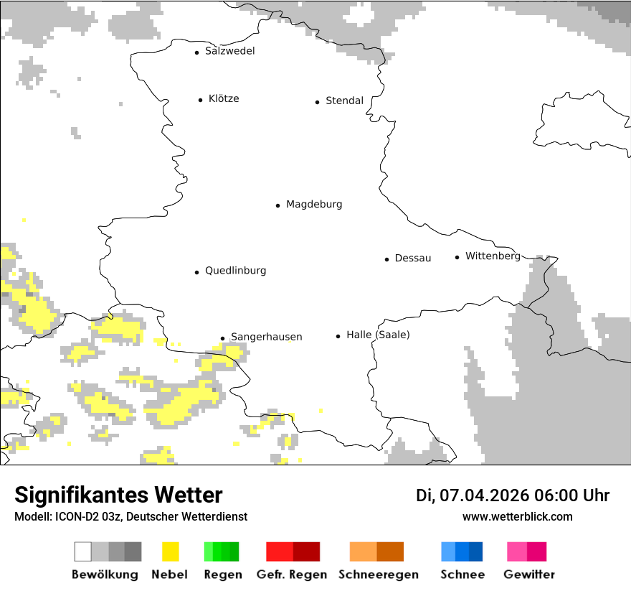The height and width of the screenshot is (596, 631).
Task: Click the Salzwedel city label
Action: coord(229,51)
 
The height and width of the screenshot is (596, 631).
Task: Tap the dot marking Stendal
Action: coord(317,102)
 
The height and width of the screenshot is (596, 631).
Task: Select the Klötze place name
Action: coord(224,99)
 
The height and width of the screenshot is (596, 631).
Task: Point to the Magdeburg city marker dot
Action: coord(277,205)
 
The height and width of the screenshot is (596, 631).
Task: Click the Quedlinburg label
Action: coord(235,271)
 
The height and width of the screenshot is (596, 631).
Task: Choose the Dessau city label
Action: coord(413,259)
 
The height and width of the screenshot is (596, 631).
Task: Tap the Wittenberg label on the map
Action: coord(493,256)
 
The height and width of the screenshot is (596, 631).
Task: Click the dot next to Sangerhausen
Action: coord(222,338)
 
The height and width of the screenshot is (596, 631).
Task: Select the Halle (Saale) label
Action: coord(378,335)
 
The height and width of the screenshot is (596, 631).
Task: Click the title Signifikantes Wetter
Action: coord(118,495)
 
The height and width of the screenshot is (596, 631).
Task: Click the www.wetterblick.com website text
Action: coord(517,517)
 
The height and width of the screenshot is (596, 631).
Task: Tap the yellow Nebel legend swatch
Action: coord(171,551)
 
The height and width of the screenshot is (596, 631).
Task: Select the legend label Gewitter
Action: coord(529,574)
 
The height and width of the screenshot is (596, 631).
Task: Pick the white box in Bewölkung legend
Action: coord(83,551)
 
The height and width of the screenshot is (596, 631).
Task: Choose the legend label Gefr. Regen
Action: coord(292,574)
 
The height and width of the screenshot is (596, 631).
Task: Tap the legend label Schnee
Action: coord(462,574)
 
